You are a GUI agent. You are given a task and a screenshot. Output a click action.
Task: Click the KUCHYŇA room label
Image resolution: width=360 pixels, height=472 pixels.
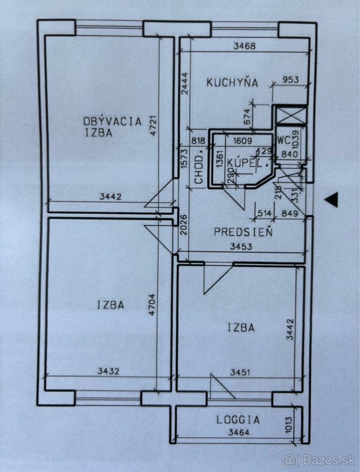coord(232,83)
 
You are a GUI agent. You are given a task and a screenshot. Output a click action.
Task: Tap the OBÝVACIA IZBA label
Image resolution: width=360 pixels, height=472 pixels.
coord(112,127)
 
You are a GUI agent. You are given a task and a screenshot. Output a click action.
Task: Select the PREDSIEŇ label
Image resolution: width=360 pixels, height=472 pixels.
coord(243,232)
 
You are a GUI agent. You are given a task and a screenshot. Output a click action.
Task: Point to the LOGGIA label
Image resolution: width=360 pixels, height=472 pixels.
coord(238,420)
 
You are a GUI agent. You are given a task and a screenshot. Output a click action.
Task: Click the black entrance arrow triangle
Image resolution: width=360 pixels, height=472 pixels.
coord(331,200)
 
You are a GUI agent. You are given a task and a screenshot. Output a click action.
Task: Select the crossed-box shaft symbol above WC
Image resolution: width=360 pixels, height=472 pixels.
coord(291,115)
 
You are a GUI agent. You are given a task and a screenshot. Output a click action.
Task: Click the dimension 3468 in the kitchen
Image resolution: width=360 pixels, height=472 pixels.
coord(244,46)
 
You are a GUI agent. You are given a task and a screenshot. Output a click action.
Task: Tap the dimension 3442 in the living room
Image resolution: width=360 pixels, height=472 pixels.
coord(111,197)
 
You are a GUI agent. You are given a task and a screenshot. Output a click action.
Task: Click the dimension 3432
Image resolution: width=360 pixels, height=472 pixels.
coord(108,371)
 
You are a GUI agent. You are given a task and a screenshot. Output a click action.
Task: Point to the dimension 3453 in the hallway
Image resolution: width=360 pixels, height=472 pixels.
coord(241,247)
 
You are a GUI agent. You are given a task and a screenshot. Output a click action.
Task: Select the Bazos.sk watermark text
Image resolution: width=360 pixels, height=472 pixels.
coord(319,460)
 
